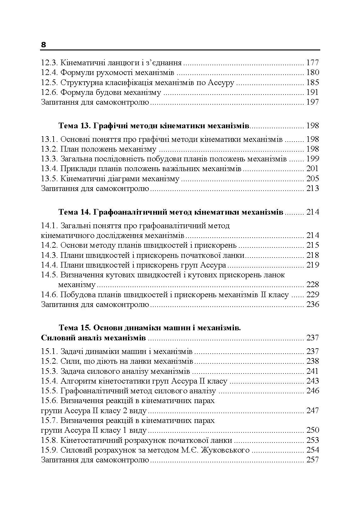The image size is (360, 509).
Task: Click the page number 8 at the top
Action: click(44, 45)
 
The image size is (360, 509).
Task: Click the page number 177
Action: click(312, 62)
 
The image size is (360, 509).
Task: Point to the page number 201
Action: click(312, 169)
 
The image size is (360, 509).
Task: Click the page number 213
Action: click(312, 188)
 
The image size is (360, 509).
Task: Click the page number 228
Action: click(312, 285)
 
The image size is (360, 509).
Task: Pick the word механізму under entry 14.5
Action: click(77, 285)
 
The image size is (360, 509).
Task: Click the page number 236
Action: click(312, 304)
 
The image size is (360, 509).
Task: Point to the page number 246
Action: click(312, 391)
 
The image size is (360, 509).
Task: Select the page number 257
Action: click(312, 460)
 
